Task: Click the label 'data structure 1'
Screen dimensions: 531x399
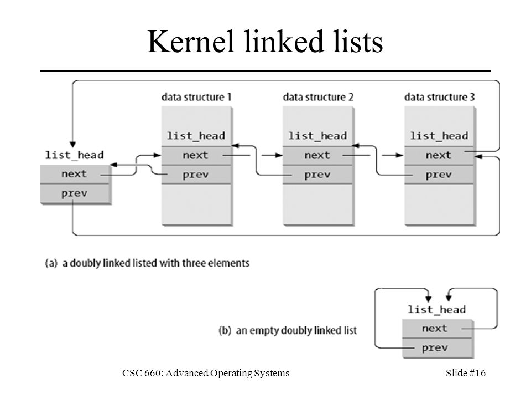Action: click(196, 98)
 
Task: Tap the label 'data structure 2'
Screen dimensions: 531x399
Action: click(318, 98)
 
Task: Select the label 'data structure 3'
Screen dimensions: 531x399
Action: click(440, 98)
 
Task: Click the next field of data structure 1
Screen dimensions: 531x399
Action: click(196, 156)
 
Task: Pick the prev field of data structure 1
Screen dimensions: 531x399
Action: click(196, 175)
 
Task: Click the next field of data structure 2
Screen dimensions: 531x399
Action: click(317, 156)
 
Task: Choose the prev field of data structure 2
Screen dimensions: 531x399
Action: click(317, 175)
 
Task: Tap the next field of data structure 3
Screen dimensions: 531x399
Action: click(439, 156)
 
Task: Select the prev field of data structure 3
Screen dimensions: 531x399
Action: click(439, 175)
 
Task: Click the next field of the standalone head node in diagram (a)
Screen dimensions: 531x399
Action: click(75, 175)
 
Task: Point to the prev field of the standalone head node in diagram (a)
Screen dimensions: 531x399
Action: click(75, 194)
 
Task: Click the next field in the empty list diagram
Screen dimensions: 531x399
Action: click(437, 329)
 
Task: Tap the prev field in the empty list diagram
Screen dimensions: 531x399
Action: click(437, 348)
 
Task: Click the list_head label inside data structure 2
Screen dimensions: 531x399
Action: click(317, 136)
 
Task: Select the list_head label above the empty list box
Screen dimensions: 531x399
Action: click(437, 310)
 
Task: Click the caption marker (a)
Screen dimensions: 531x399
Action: click(51, 263)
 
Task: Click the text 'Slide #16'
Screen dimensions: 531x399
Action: click(466, 373)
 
